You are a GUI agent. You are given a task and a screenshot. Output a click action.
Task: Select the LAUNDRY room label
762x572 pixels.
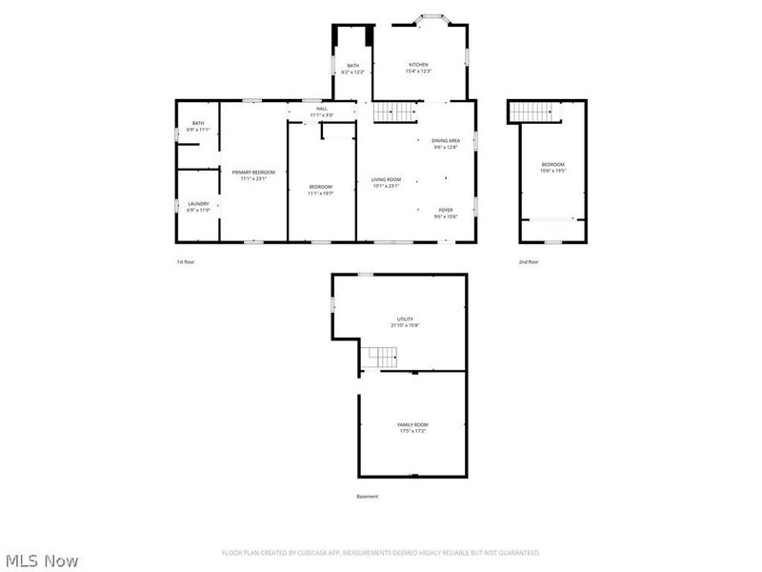point(198,205)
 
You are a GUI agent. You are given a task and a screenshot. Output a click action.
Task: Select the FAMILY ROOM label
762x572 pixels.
point(412,426)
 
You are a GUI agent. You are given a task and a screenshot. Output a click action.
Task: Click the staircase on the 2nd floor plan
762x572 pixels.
point(534,112)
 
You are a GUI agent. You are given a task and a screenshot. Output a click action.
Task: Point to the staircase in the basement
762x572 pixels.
point(380,357)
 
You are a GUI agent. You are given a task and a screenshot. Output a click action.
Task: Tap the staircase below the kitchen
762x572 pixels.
point(394,112)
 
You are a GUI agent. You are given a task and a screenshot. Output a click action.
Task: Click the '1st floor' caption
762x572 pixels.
point(186,261)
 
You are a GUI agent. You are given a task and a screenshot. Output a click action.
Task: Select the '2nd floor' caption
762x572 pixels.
point(528,261)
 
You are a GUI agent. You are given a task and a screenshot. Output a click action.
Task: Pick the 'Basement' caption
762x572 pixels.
point(368,497)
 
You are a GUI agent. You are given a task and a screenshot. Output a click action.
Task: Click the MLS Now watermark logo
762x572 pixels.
point(41,561)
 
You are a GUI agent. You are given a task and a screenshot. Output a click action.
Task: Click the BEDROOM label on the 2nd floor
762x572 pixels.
point(552,167)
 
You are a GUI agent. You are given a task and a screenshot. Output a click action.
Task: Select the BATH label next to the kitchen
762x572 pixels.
point(352,68)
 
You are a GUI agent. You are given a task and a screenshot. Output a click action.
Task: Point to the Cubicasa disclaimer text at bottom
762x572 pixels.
point(381,553)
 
